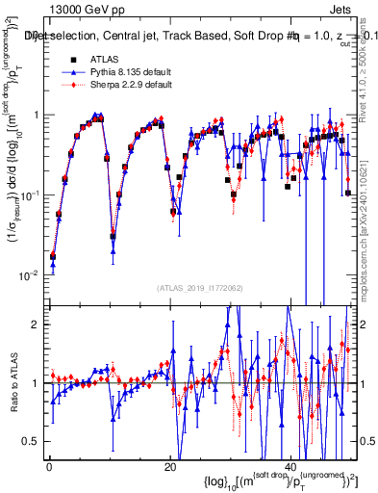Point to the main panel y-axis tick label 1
click(x=37, y=115)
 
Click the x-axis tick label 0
click(x=48, y=468)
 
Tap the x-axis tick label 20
click(x=170, y=468)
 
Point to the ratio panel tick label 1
click(x=37, y=383)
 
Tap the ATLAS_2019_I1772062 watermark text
click(x=198, y=287)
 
